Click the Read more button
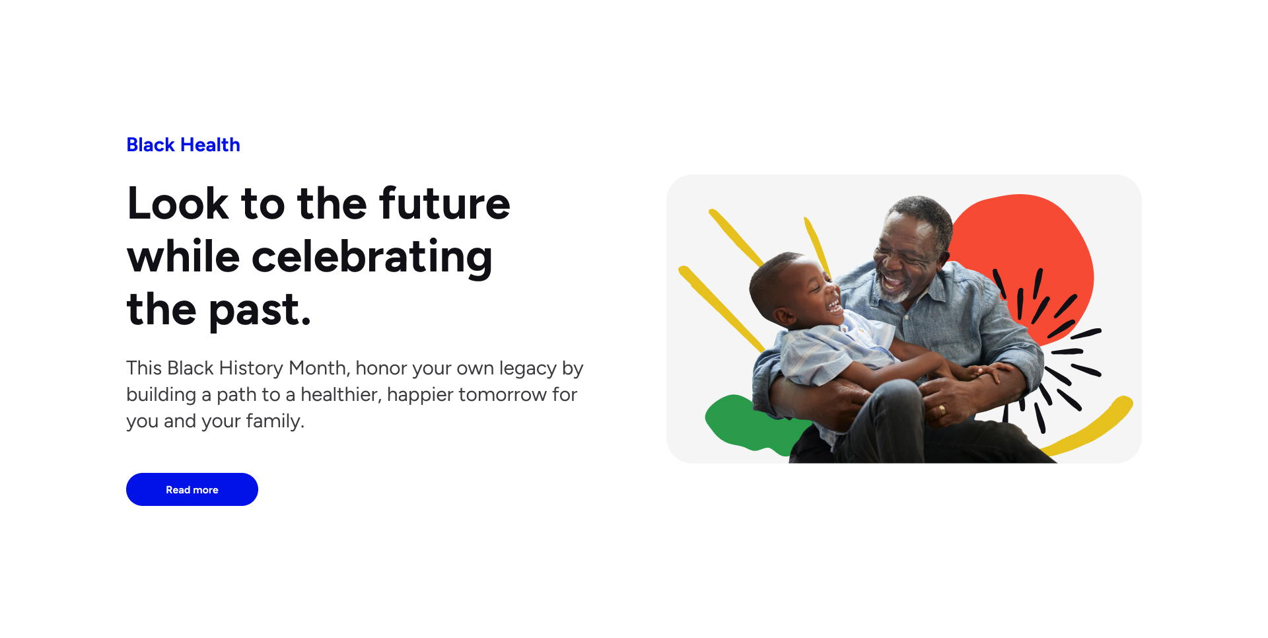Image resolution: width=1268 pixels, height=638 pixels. (192, 489)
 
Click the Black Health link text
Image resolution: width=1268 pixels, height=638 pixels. (184, 145)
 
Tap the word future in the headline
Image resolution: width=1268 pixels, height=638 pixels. (445, 203)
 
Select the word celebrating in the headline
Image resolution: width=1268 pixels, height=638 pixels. (372, 257)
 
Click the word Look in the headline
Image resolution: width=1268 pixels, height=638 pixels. (178, 203)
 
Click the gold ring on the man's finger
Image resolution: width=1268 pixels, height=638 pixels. (942, 410)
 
